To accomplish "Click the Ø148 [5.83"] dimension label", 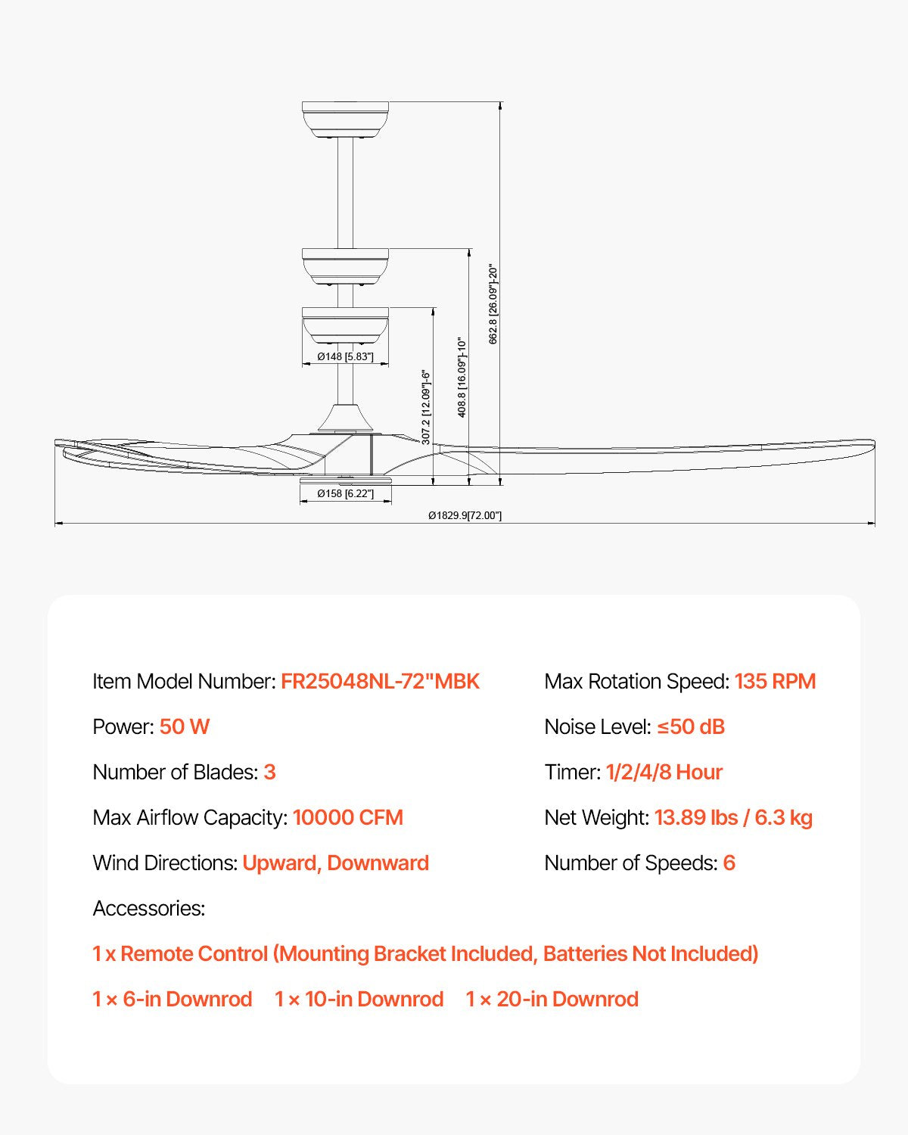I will [x=345, y=356].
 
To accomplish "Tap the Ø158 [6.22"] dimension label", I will [x=345, y=493].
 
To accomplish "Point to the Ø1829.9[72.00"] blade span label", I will [x=465, y=515].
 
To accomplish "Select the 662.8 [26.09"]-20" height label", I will [x=493, y=304].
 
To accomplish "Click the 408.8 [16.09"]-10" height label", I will [x=462, y=378].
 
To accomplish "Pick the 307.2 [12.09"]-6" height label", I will [x=426, y=407].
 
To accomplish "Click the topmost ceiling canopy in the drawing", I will [x=345, y=120].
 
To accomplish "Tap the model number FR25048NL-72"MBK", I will [x=380, y=681].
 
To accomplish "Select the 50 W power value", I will [x=184, y=726].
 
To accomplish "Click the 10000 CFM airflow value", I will [x=347, y=817].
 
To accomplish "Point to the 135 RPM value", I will [x=775, y=681].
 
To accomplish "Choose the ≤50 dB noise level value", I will [x=690, y=726].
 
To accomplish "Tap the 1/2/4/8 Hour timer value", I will [x=664, y=772].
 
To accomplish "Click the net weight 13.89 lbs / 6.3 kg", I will [x=733, y=817].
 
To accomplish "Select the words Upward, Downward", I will [x=335, y=863].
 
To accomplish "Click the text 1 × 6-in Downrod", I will [x=172, y=999].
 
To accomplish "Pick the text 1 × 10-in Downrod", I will [x=359, y=999].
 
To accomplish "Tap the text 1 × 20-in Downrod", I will [x=552, y=999].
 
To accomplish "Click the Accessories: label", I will [x=148, y=908].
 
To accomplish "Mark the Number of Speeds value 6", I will [x=729, y=863].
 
